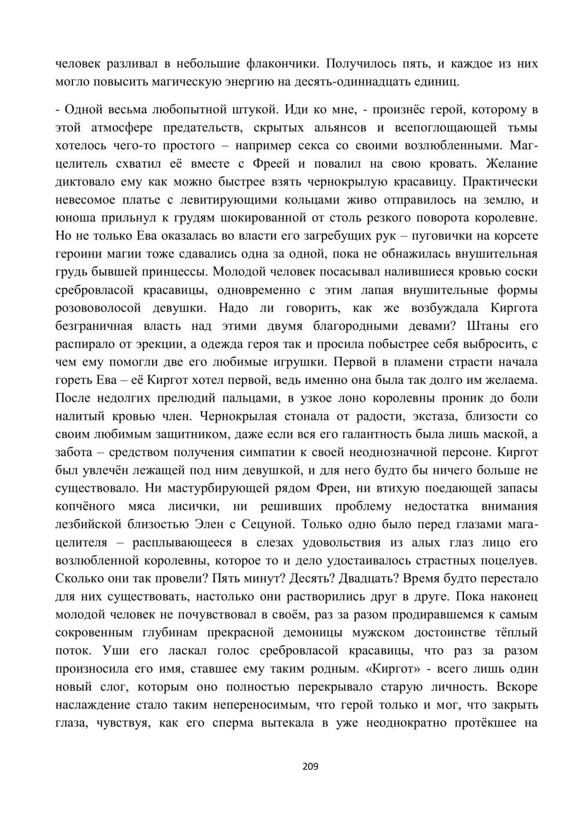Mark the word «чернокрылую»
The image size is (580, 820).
(x=365, y=181)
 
